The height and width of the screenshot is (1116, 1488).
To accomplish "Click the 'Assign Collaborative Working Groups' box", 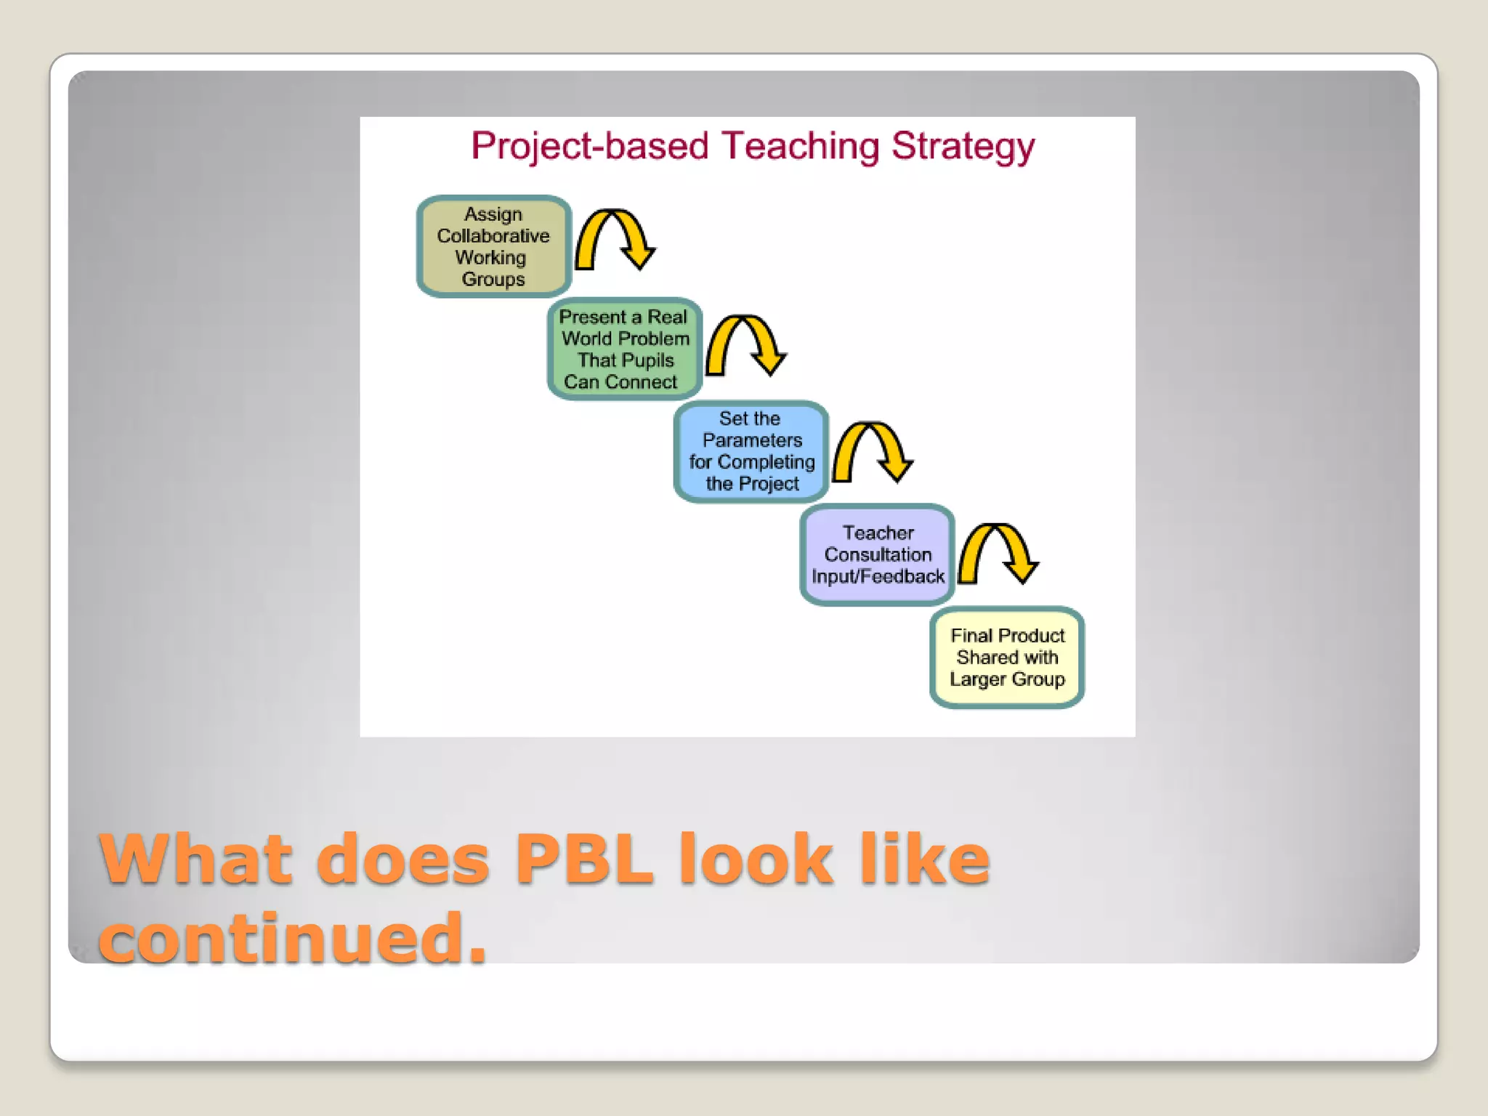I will [x=493, y=246].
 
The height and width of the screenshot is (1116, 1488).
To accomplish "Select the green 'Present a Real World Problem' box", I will [x=624, y=349].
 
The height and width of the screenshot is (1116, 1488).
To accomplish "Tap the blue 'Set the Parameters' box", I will [x=751, y=451].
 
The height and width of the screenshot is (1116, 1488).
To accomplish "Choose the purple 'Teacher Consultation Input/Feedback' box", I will [x=877, y=554].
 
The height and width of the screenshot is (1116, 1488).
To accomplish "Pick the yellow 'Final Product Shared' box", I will [x=1007, y=657].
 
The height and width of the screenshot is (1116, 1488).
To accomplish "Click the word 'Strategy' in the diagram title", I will [x=963, y=147].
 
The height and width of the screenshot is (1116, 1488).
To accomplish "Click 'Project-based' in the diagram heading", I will [x=589, y=147].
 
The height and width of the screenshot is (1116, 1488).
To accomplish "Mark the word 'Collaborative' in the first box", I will [x=493, y=236].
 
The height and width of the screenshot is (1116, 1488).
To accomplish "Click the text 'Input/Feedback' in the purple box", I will [x=878, y=577].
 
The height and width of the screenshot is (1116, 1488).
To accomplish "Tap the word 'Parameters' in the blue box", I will [x=752, y=440].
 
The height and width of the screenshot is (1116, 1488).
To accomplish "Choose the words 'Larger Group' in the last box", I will [x=1007, y=679].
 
